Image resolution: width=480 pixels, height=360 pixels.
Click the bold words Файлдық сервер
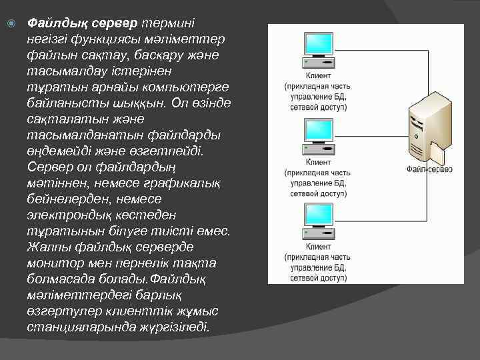point(82,23)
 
